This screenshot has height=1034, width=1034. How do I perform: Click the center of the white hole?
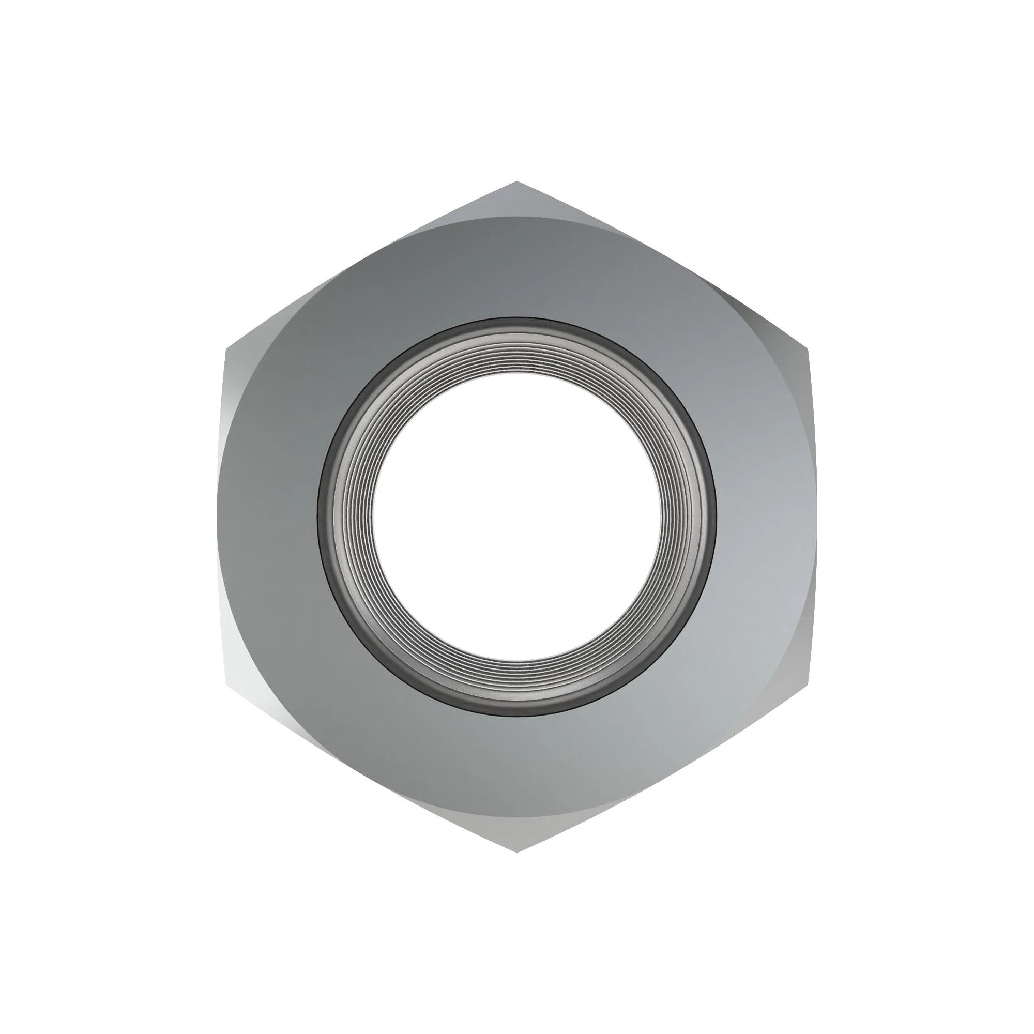(x=516, y=517)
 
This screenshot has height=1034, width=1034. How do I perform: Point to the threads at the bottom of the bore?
(x=516, y=681)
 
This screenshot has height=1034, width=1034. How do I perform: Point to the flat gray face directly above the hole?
(x=516, y=268)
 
